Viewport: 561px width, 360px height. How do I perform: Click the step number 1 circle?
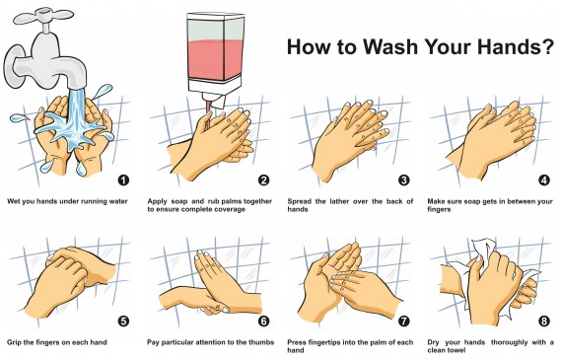pyautogui.click(x=123, y=180)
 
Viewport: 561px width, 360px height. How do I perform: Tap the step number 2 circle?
pyautogui.click(x=263, y=180)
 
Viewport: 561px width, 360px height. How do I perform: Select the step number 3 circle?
pyautogui.click(x=404, y=180)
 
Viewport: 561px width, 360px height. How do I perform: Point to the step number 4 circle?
pyautogui.click(x=544, y=180)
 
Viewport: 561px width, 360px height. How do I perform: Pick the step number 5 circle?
pyautogui.click(x=123, y=321)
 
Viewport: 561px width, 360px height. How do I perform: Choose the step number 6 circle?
pyautogui.click(x=263, y=321)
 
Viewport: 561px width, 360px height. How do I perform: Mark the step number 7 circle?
pyautogui.click(x=404, y=321)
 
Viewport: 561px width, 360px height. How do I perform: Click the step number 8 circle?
pyautogui.click(x=544, y=321)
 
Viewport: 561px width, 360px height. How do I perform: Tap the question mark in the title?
pyautogui.click(x=547, y=46)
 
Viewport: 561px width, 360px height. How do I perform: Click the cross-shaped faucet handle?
pyautogui.click(x=43, y=16)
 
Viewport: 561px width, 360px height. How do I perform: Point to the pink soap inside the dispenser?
pyautogui.click(x=216, y=60)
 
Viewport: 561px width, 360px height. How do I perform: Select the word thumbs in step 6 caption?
pyautogui.click(x=261, y=342)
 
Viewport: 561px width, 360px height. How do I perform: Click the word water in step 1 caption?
pyautogui.click(x=117, y=202)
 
